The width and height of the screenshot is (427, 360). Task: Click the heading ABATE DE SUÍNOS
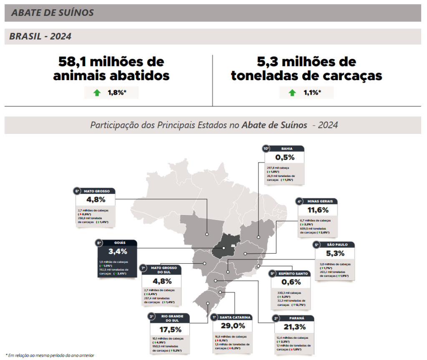pos(53,13)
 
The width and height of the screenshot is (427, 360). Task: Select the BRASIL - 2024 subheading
pos(40,37)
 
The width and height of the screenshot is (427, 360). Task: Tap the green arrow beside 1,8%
pos(97,93)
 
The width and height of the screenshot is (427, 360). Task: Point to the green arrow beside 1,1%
pos(292,93)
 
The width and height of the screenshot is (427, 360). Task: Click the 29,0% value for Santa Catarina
pos(233,326)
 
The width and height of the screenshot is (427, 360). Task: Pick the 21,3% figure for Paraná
pos(294,327)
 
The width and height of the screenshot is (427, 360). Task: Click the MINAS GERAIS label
pos(320,201)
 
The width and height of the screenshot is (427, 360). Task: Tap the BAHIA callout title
pos(287,149)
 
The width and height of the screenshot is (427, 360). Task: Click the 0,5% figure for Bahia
pos(285,157)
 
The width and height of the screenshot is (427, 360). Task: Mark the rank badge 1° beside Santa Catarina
pos(214,317)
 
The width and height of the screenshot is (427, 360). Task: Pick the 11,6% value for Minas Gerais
pos(318,210)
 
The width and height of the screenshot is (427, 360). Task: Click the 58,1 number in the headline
pos(72,62)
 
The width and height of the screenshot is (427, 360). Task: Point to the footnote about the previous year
pos(50,355)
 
